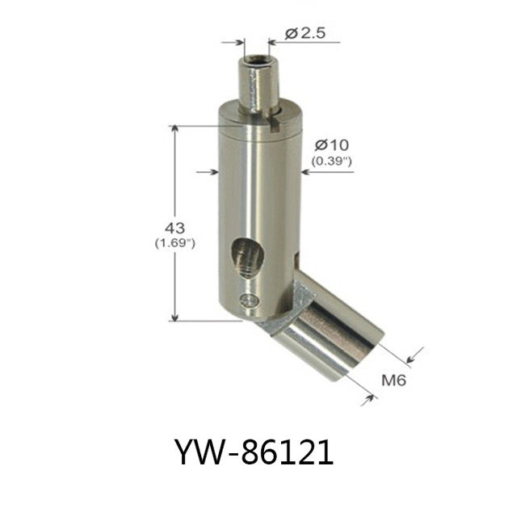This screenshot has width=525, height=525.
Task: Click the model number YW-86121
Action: (254, 452)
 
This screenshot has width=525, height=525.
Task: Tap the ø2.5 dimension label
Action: (305, 33)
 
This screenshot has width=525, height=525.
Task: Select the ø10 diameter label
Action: (332, 145)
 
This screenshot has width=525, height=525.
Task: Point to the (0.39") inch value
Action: (331, 162)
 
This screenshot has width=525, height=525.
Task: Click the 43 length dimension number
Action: (174, 229)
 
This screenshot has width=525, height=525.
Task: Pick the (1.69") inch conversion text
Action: (174, 243)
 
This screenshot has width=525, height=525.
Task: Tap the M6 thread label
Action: (394, 380)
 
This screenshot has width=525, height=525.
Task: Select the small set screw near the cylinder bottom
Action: (250, 300)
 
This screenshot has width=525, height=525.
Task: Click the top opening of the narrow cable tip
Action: (256, 61)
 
